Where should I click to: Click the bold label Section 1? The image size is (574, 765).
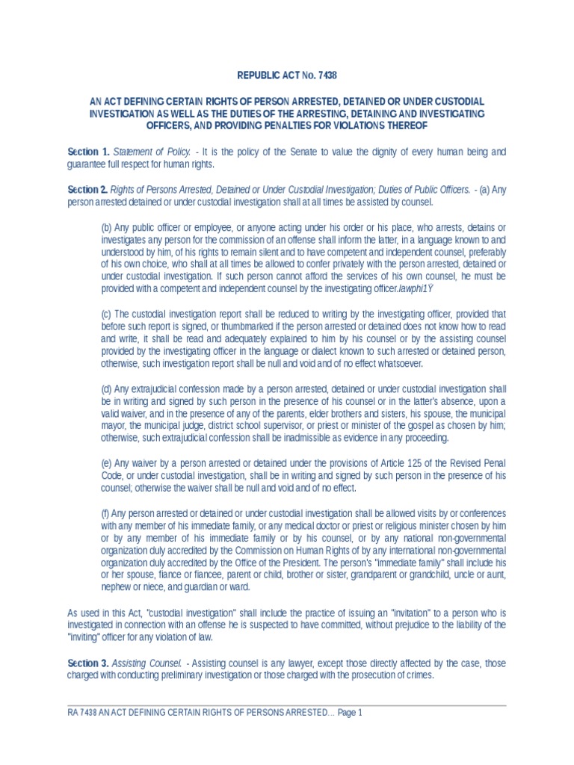click(x=88, y=152)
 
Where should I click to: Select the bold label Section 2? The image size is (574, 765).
click(x=88, y=191)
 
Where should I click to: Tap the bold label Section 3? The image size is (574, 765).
click(x=88, y=663)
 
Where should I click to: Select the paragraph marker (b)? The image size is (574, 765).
click(x=106, y=227)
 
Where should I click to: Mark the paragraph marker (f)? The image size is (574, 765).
click(x=105, y=513)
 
